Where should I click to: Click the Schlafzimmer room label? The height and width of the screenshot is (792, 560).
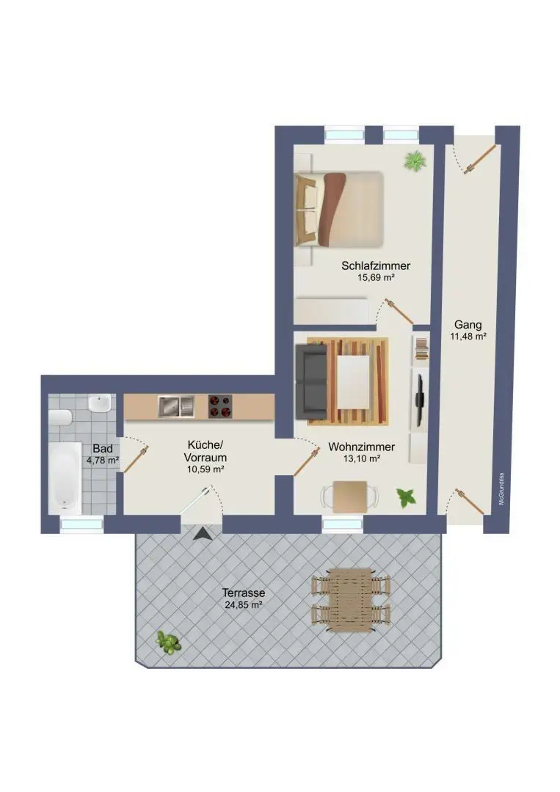pyautogui.click(x=376, y=266)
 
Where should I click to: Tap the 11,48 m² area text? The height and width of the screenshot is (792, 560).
pyautogui.click(x=468, y=337)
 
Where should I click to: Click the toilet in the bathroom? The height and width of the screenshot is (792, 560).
pyautogui.click(x=59, y=417)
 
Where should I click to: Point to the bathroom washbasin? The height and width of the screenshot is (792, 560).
pyautogui.click(x=100, y=404)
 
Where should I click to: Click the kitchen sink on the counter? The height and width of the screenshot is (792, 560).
pyautogui.click(x=175, y=406)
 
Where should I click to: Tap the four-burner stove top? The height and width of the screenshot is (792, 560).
pyautogui.click(x=220, y=406)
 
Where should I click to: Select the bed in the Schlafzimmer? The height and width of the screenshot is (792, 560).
pyautogui.click(x=339, y=209)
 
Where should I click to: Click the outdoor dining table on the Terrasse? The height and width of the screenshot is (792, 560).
pyautogui.click(x=350, y=598)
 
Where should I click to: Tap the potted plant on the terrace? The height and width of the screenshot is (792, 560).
pyautogui.click(x=168, y=642)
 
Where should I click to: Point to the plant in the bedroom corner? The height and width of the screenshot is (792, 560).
pyautogui.click(x=415, y=161)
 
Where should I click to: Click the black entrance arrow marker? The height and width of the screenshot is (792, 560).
pyautogui.click(x=202, y=535)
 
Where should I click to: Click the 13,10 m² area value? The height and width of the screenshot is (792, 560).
pyautogui.click(x=362, y=459)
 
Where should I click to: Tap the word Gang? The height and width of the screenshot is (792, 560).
pyautogui.click(x=468, y=324)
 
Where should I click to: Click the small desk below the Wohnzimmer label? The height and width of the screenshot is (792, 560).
pyautogui.click(x=350, y=496)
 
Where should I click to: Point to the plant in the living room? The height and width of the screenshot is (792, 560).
pyautogui.click(x=406, y=498)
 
